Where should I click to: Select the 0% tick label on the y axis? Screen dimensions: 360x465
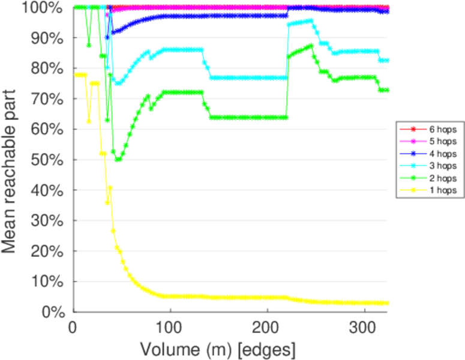click(53, 311)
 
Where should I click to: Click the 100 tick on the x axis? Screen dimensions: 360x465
click(170, 328)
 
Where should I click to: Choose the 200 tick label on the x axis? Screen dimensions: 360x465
click(268, 328)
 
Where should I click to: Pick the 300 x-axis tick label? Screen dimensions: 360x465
click(364, 328)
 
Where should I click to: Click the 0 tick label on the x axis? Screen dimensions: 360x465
click(73, 328)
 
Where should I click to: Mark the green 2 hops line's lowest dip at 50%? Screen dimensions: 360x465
click(119, 160)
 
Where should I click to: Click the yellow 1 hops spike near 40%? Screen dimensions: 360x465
click(110, 188)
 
